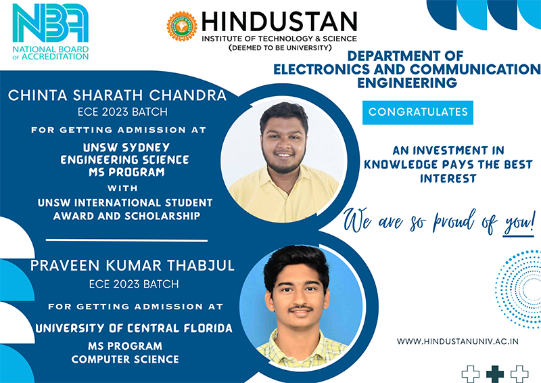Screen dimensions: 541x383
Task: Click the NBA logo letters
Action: [50, 23]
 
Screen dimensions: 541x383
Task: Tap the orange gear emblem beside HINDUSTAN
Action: [182, 26]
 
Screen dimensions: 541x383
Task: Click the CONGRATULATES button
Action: [417, 112]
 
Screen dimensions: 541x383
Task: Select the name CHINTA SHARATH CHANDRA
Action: [117, 95]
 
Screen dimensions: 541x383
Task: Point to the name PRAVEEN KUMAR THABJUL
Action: [133, 265]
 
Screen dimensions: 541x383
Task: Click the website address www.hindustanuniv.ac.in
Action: [458, 342]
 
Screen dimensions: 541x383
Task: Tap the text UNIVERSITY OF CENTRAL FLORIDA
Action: [134, 328]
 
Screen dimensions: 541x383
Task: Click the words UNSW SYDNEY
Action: [126, 148]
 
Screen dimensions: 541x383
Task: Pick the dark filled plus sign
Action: [495, 374]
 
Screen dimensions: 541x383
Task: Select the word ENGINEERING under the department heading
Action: [407, 83]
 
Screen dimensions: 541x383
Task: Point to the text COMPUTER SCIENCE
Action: [125, 359]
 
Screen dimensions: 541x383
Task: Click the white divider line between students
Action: [126, 240]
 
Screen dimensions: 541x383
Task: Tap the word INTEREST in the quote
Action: [448, 179]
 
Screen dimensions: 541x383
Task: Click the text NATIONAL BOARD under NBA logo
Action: [51, 49]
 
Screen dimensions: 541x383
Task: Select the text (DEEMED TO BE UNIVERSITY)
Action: [280, 47]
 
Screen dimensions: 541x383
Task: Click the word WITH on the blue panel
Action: [122, 188]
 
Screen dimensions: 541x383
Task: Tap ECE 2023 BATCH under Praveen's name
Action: [134, 284]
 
